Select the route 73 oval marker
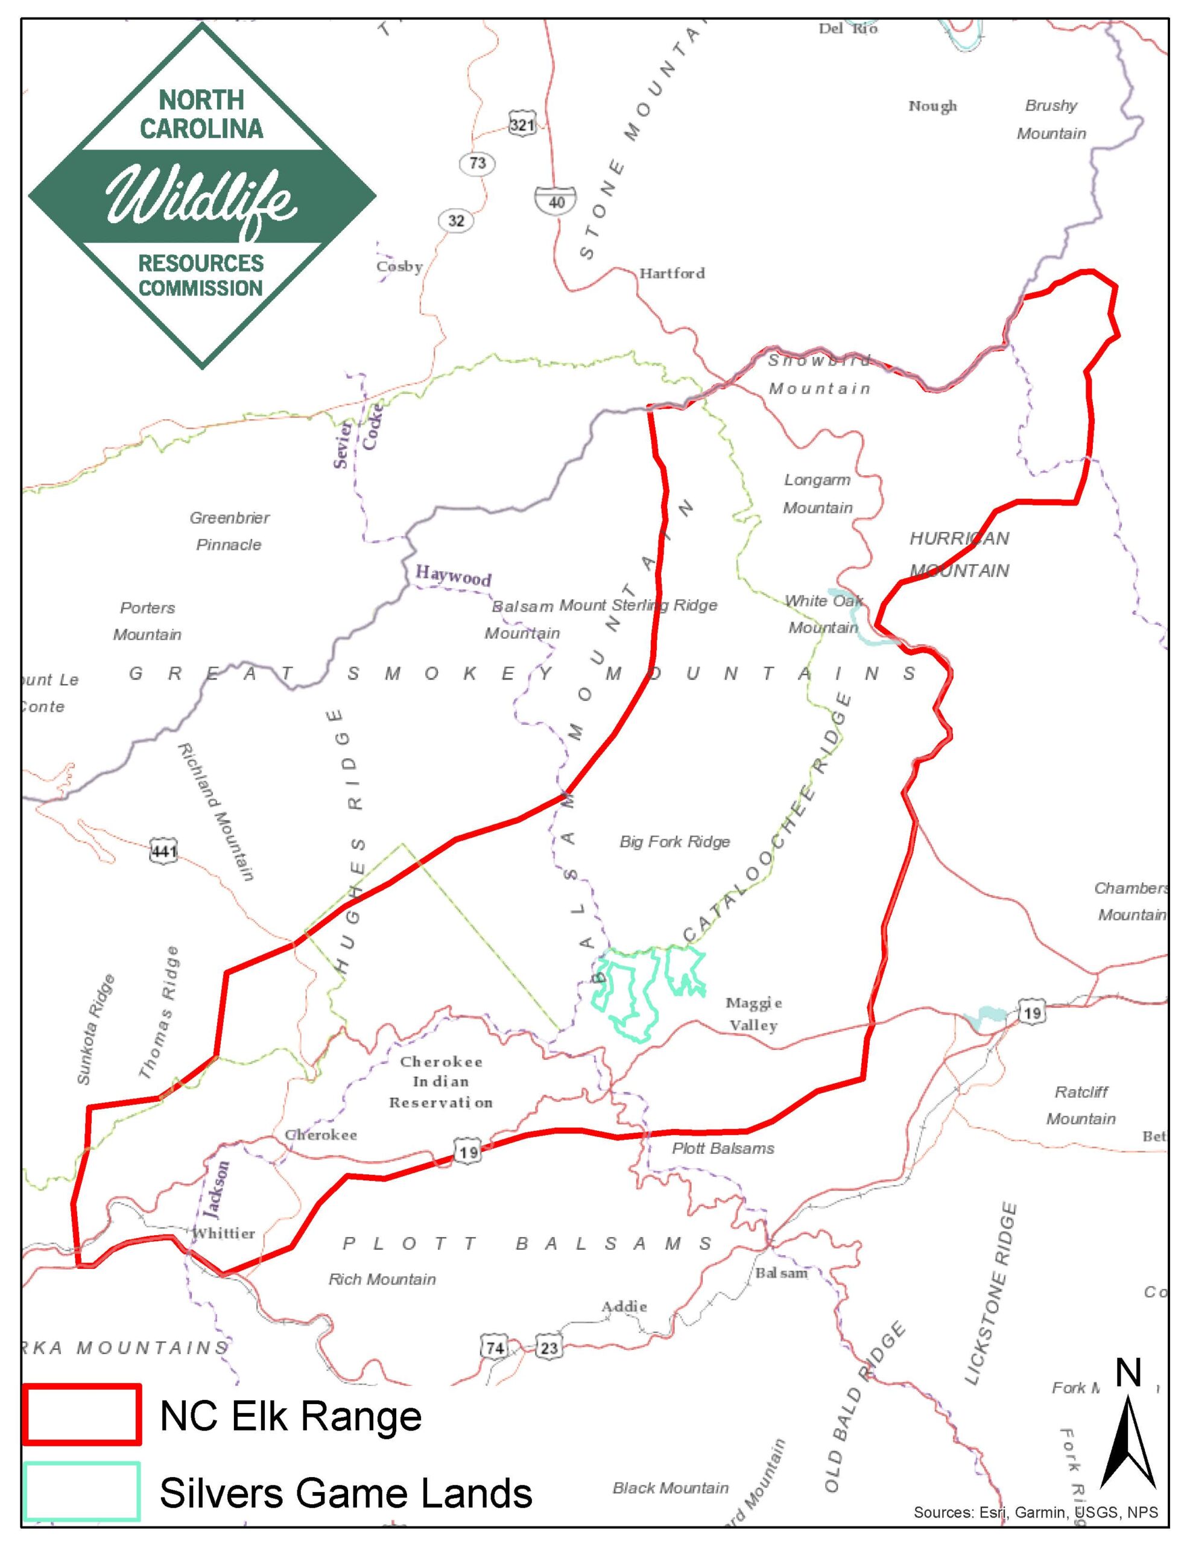tap(477, 163)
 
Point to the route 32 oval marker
tap(456, 221)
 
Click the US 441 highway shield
tap(163, 851)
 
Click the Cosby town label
tap(399, 267)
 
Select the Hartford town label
tap(672, 273)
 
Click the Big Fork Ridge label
tap(675, 842)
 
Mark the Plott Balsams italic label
tap(723, 1149)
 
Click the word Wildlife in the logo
tap(201, 197)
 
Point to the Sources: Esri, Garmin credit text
tap(1036, 1512)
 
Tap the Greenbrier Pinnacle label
tap(229, 531)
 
